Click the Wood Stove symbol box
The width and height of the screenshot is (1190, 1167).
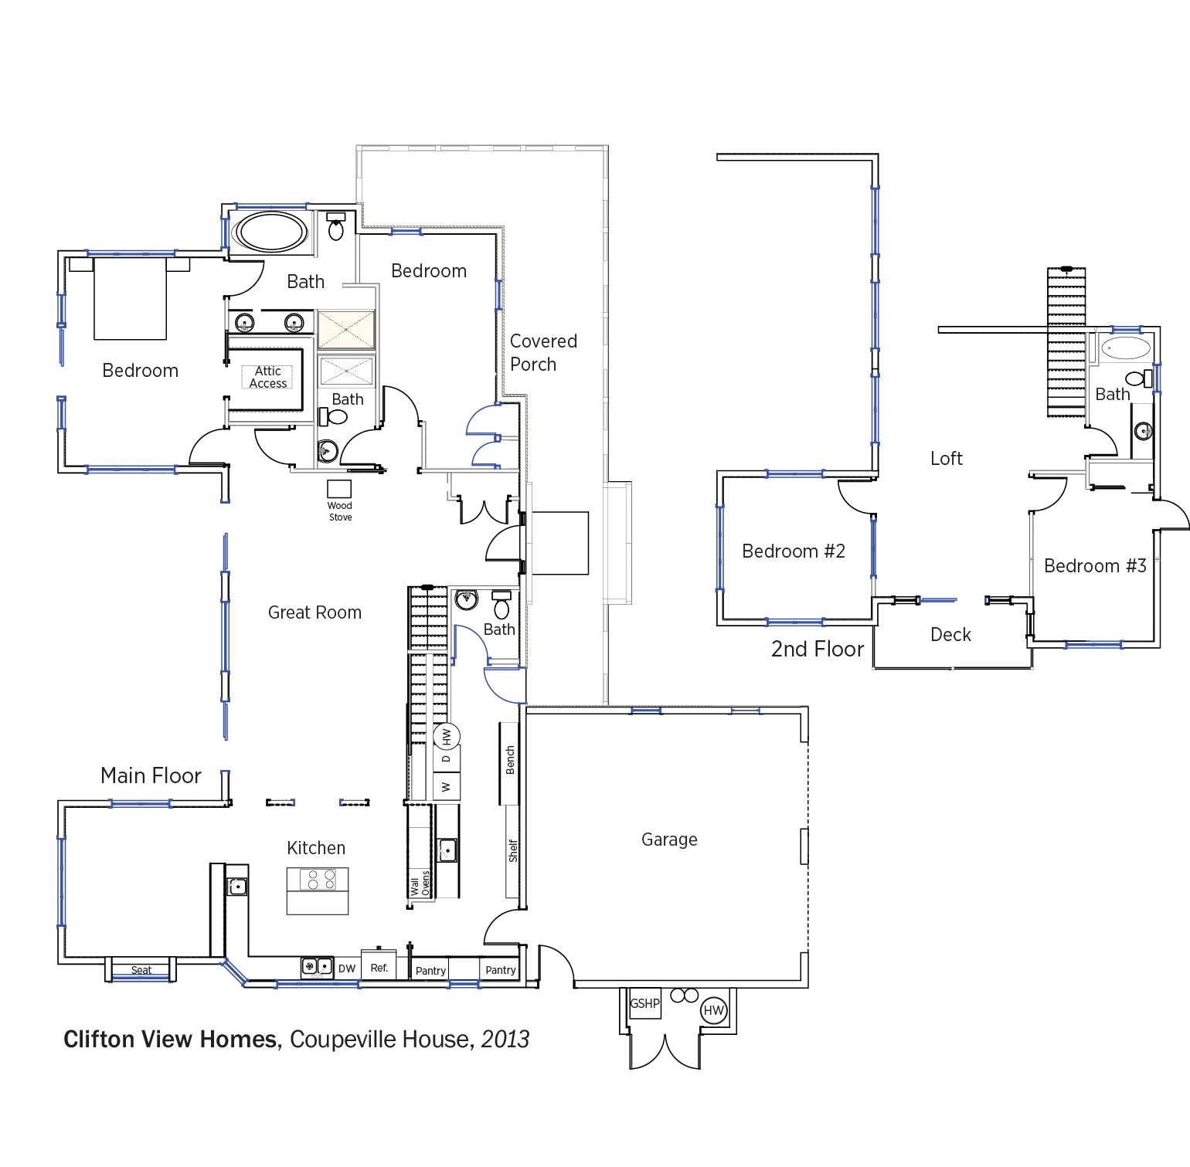(x=339, y=488)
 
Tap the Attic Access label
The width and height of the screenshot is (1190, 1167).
(x=268, y=377)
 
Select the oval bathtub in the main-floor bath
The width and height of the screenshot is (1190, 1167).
(x=271, y=232)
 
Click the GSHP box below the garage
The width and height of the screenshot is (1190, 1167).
(x=645, y=1003)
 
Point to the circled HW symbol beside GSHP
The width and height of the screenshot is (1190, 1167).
(x=714, y=1010)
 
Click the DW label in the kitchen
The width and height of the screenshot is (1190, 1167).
(x=347, y=969)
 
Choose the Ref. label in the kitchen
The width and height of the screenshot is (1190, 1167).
(x=379, y=967)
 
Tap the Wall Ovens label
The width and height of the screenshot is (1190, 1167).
(x=420, y=883)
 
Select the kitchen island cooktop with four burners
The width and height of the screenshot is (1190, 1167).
(x=318, y=879)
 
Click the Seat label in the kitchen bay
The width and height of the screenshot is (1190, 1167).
(x=141, y=970)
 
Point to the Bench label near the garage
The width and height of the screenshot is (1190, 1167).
(x=510, y=760)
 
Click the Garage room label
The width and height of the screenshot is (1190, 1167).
(x=669, y=840)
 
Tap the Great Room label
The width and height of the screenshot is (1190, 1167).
(x=314, y=612)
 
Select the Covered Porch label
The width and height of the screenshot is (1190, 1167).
(x=543, y=352)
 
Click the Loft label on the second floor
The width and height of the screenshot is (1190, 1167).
(x=947, y=459)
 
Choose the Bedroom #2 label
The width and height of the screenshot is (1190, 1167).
(x=794, y=551)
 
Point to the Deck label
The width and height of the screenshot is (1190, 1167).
(x=950, y=635)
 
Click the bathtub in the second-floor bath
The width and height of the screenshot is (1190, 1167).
(x=1126, y=348)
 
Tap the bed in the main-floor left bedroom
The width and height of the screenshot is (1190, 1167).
(x=130, y=298)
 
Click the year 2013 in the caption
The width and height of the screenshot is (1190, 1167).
(x=505, y=1040)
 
